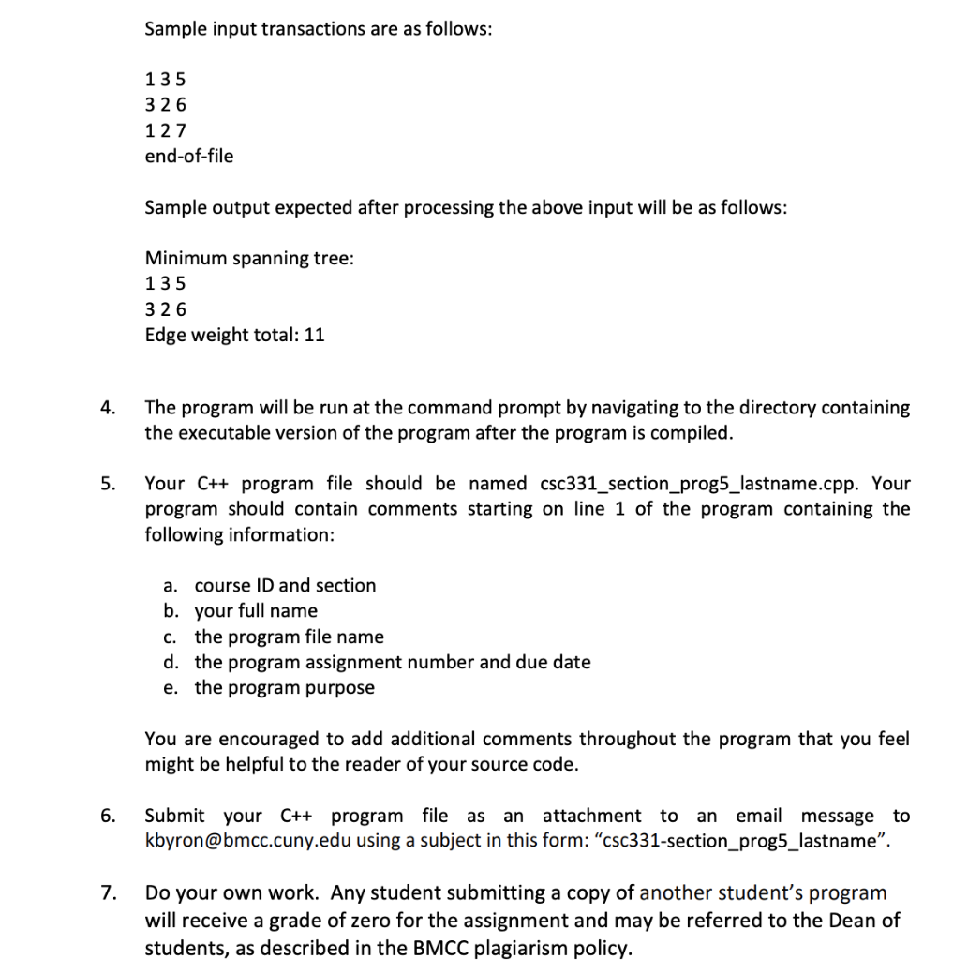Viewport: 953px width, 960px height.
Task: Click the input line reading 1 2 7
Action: pos(166,130)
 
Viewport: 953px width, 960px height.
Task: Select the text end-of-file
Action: pos(188,156)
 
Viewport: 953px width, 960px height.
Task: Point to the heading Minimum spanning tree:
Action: pos(249,258)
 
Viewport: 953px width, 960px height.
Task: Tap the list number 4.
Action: pos(109,408)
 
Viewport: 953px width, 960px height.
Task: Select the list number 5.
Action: pos(109,485)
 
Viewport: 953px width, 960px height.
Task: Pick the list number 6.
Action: pos(109,817)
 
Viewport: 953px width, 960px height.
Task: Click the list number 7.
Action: pos(109,893)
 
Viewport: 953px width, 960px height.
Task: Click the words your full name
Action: pos(256,611)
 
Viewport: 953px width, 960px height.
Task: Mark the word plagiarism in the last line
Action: pos(504,948)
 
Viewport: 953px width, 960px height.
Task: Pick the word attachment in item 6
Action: pos(591,817)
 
